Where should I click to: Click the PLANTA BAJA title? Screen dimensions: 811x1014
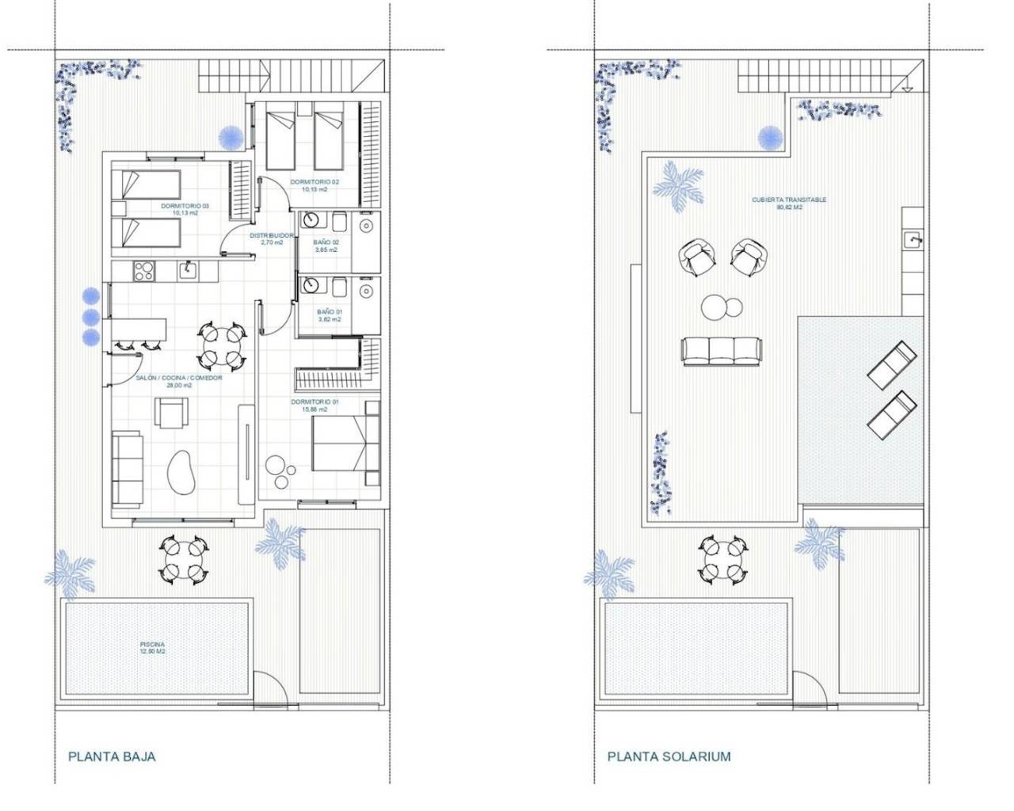112,756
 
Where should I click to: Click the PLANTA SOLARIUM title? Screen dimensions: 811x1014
669,756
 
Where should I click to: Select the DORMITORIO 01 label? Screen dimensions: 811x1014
314,405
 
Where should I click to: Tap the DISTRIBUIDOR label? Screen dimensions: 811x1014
272,239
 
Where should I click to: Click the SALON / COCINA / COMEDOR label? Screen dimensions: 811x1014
178,382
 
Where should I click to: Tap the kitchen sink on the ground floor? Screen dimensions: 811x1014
189,271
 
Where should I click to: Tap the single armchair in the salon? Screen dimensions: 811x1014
172,413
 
